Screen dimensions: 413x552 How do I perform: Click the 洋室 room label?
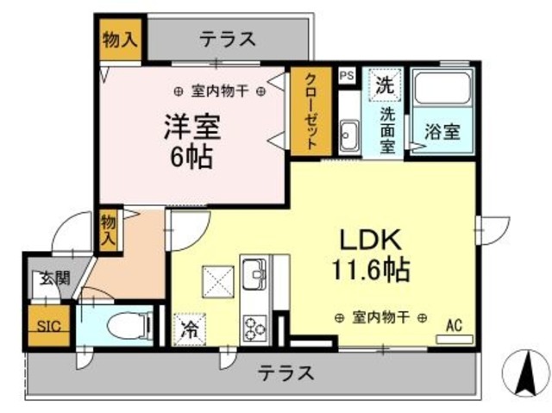(x=194, y=128)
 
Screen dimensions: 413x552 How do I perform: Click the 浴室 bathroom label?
(x=442, y=134)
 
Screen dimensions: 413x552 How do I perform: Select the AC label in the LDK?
(x=454, y=325)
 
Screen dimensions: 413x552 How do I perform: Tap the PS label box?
(x=347, y=75)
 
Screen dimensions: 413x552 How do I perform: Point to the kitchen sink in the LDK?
(x=255, y=276)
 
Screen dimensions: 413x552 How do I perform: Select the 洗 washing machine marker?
(x=385, y=85)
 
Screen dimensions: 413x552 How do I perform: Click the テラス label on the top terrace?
(x=228, y=39)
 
